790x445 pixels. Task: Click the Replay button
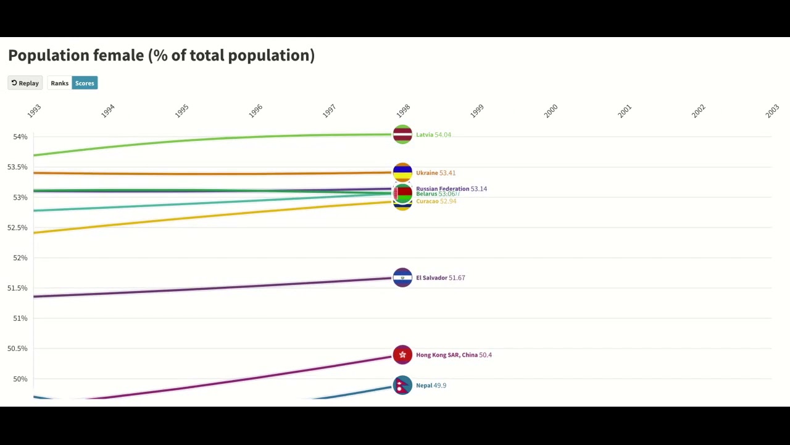25,83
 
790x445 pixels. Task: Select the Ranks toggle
60,83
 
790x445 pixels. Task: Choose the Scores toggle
85,83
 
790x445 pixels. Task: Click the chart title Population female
161,56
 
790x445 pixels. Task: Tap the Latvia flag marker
402,134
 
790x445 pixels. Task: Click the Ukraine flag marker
402,172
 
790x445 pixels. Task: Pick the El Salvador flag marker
402,278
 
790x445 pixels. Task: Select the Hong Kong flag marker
402,355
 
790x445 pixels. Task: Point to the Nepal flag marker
402,385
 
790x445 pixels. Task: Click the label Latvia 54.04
433,135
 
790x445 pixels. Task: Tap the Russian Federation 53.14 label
451,189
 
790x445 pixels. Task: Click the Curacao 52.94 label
436,201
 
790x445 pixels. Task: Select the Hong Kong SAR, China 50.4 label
454,355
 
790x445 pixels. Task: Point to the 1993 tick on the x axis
35,111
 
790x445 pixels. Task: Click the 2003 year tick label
772,111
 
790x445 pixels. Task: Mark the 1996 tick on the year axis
256,111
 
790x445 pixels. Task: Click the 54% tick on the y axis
20,137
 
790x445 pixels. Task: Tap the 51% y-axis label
20,318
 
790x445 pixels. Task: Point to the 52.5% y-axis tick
17,227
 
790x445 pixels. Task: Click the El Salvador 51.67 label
440,278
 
